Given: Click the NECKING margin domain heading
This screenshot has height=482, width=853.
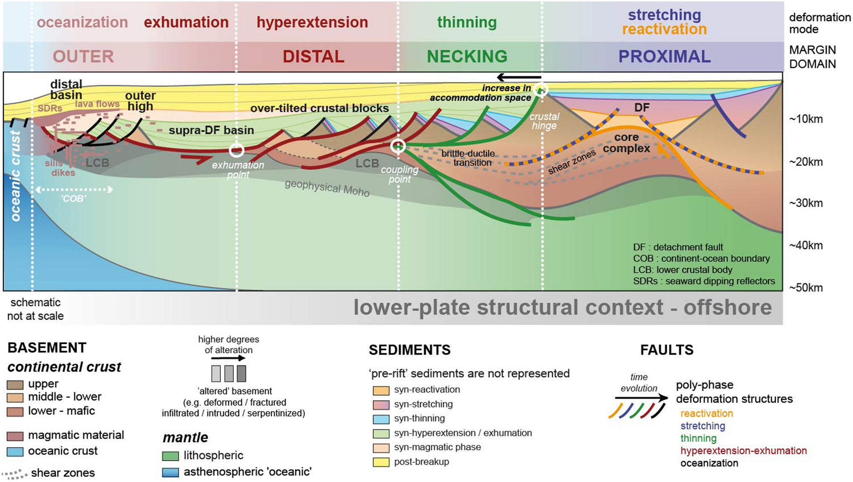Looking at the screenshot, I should click(467, 57).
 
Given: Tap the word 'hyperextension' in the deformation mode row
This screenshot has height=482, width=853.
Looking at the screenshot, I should click(312, 23).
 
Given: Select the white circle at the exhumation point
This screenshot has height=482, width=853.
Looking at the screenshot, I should click(236, 150).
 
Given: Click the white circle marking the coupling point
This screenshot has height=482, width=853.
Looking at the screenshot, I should click(398, 146).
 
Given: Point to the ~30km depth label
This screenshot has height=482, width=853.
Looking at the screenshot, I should click(805, 203).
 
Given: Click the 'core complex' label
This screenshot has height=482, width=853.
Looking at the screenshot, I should click(626, 143).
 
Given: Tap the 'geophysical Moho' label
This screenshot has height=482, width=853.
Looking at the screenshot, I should click(327, 188).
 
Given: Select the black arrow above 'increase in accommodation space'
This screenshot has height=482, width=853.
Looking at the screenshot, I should click(519, 77).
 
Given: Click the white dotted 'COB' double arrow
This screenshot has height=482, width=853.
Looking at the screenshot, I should click(74, 190).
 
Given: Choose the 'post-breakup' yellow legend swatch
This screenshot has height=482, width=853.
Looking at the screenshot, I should click(381, 462).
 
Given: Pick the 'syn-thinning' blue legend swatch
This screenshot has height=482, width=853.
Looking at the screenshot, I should click(381, 419).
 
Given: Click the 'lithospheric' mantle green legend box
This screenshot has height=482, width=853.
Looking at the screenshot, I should click(170, 456).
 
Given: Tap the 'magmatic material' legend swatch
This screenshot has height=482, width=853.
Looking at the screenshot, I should click(15, 436).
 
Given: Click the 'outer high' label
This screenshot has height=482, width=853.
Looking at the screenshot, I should click(140, 101).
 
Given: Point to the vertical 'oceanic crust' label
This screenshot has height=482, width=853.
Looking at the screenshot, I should click(15, 176).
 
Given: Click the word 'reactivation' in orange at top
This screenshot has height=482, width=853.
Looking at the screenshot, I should click(664, 29).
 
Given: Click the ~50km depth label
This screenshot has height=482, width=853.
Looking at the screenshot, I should click(805, 288).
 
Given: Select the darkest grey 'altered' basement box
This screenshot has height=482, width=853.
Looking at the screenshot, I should click(241, 374).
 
